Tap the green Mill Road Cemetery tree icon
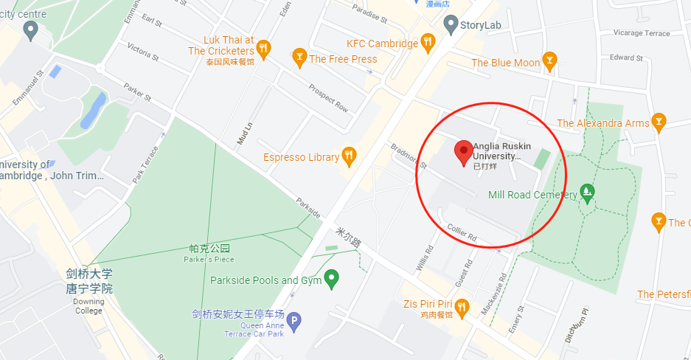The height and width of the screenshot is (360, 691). point(587,193)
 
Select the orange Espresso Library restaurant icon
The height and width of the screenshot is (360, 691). point(350,156)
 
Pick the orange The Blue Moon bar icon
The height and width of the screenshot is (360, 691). point(549,59)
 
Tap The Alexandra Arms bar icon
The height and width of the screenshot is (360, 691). point(659,121)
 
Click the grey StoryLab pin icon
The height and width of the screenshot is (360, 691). point(451,25)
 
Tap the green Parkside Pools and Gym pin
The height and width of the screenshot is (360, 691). point(332,278)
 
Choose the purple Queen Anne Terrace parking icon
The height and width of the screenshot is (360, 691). point(294,322)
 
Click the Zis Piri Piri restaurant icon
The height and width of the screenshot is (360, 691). point(462,305)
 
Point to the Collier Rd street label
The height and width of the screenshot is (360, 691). point(462,232)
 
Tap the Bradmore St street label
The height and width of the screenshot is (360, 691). point(409,155)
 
